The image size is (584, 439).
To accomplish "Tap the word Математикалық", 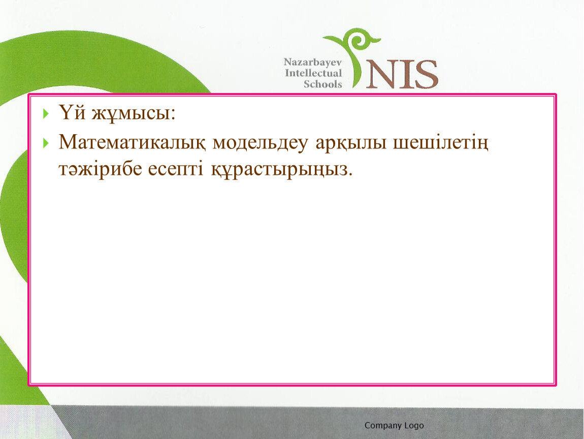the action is click(x=132, y=143).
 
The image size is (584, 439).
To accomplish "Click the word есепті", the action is click(x=176, y=170).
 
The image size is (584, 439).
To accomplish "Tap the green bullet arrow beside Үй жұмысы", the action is click(x=46, y=113).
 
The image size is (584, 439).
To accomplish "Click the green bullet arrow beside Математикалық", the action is click(x=46, y=143).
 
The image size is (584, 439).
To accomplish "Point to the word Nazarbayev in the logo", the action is click(x=312, y=62).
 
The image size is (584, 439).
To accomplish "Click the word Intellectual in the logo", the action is click(x=313, y=73).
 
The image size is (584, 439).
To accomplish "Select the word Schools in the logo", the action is click(x=322, y=84).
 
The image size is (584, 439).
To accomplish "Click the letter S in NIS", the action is click(x=426, y=75).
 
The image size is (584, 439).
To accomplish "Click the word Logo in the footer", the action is click(x=414, y=426).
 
